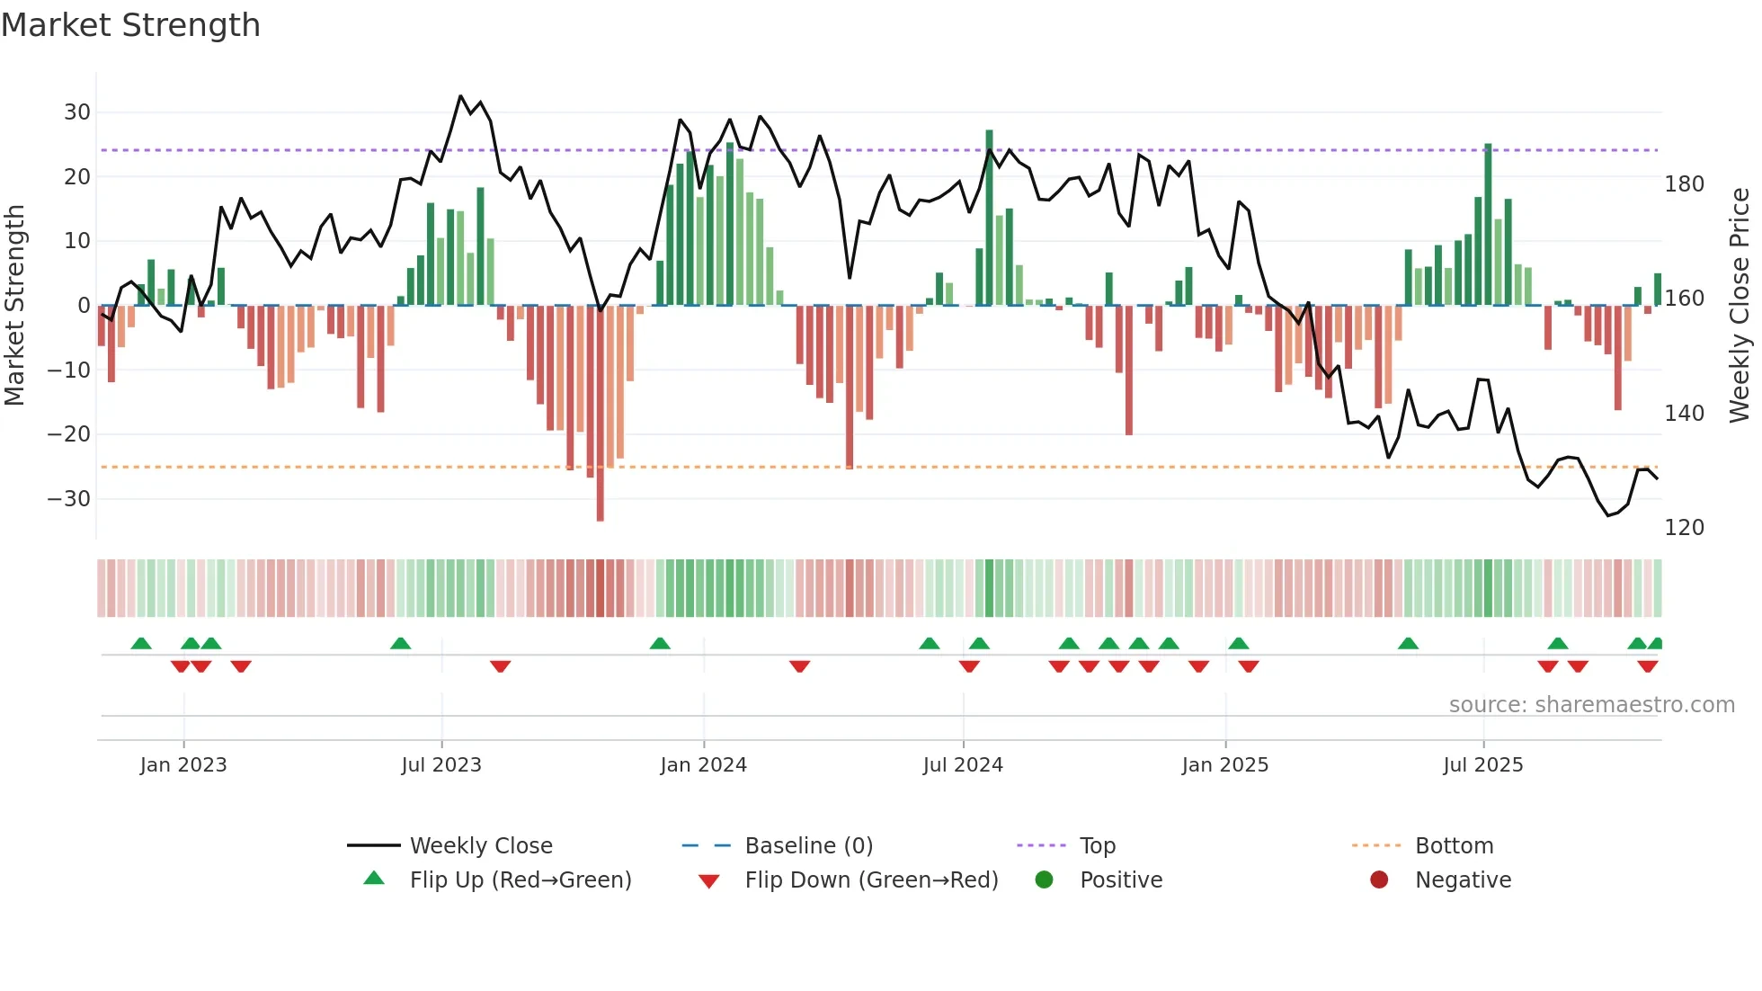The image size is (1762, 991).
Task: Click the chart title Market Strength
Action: (130, 25)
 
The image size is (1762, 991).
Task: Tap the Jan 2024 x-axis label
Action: (703, 765)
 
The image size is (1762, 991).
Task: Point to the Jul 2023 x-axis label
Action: (441, 765)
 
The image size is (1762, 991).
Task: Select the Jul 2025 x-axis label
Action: (1482, 765)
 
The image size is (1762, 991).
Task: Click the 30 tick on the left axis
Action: (77, 112)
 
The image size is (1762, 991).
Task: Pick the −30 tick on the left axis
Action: (69, 499)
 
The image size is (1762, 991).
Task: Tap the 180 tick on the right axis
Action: (1684, 184)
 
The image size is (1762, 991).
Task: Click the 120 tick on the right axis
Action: (1684, 528)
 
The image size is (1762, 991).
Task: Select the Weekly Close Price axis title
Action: (1740, 306)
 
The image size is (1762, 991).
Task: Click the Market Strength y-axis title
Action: (14, 306)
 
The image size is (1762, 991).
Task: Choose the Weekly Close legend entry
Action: (481, 846)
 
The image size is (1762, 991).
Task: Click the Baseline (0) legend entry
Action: (808, 846)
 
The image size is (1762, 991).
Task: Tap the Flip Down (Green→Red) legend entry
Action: (871, 880)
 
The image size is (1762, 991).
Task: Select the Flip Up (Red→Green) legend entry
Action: (521, 880)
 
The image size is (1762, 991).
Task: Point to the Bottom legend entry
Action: (1454, 846)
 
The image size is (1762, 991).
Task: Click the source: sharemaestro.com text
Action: (1591, 705)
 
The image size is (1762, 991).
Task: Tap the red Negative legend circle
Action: (1379, 880)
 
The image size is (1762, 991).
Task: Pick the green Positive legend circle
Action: (1044, 880)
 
